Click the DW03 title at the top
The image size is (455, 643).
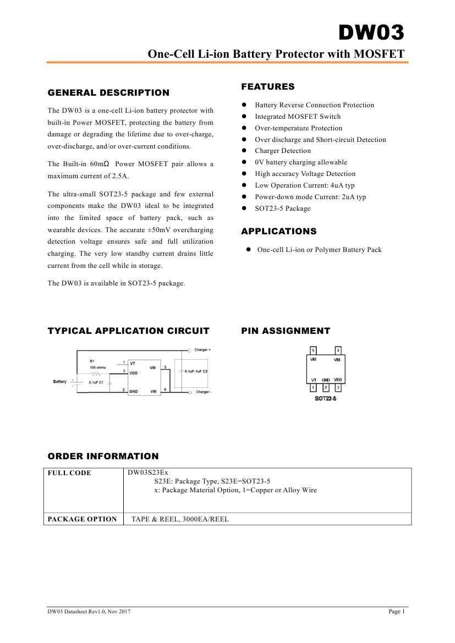pos(371,34)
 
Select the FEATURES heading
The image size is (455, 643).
pos(267,86)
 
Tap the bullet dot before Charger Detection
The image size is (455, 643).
pos(244,151)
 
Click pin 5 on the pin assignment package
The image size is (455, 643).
pos(313,350)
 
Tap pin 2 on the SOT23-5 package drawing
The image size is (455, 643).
pos(326,388)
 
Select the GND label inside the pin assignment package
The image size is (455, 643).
pos(326,380)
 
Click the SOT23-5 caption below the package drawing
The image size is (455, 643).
pos(326,398)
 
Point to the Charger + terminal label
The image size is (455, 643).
pos(202,350)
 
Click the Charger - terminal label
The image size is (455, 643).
pos(203,392)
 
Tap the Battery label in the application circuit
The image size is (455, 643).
pos(60,382)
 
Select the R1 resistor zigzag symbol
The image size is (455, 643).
pos(98,372)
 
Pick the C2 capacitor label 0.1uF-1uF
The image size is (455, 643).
pos(196,372)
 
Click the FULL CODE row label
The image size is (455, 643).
pos(69,473)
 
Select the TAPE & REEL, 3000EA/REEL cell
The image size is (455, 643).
pos(180,519)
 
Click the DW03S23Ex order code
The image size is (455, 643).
pos(148,472)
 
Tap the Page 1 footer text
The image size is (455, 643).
pos(396,611)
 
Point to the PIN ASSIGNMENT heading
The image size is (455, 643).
pos(286,331)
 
